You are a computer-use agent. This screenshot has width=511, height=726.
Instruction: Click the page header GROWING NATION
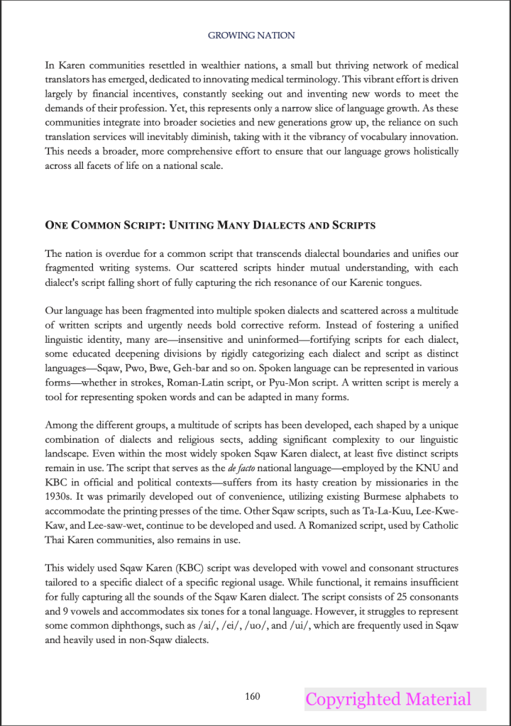[251, 35]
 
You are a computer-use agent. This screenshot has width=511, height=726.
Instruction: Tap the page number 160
[252, 696]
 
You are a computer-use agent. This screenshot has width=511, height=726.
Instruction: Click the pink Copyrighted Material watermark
[388, 699]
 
